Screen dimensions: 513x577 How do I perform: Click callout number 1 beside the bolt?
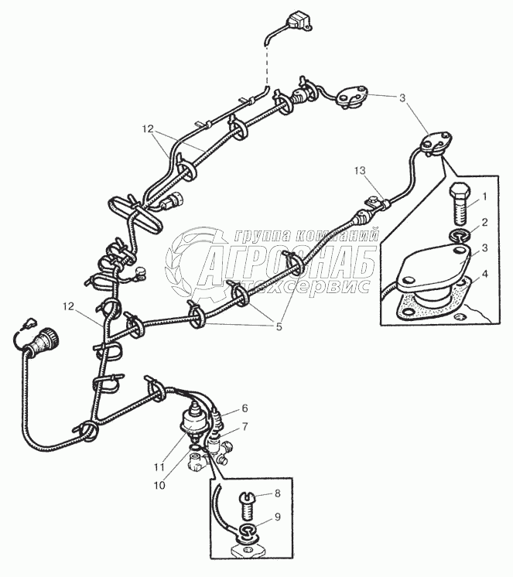pyautogui.click(x=484, y=197)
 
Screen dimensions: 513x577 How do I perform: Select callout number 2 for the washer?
pyautogui.click(x=484, y=223)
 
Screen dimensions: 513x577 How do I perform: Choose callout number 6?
pyautogui.click(x=245, y=408)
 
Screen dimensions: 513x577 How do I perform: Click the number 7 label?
pyautogui.click(x=245, y=426)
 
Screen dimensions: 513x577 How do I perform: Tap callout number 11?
pyautogui.click(x=159, y=466)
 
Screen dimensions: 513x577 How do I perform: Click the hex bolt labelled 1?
pyautogui.click(x=457, y=200)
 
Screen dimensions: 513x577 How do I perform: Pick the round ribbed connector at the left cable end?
pyautogui.click(x=44, y=339)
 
